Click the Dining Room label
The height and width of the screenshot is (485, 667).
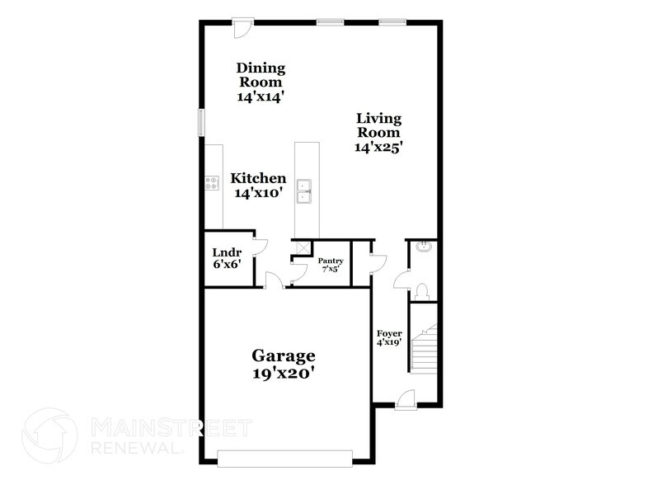click(x=260, y=74)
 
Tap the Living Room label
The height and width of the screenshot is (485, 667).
click(x=378, y=125)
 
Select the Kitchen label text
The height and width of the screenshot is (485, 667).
click(x=258, y=178)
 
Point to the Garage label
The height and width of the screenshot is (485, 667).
click(x=284, y=356)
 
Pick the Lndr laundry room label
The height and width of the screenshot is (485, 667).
click(x=225, y=252)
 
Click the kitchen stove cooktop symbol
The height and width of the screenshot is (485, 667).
click(x=212, y=184)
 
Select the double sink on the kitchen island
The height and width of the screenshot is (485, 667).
click(x=305, y=190)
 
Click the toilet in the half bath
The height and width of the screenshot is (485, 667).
click(x=422, y=290)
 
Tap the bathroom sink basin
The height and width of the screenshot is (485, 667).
click(x=424, y=246)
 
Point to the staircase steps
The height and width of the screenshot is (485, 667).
click(x=425, y=346)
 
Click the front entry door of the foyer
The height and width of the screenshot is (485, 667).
click(x=405, y=401)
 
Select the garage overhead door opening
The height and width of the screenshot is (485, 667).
click(x=284, y=454)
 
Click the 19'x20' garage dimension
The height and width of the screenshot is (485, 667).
click(x=284, y=373)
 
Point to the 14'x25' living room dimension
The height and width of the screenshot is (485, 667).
click(x=378, y=148)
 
